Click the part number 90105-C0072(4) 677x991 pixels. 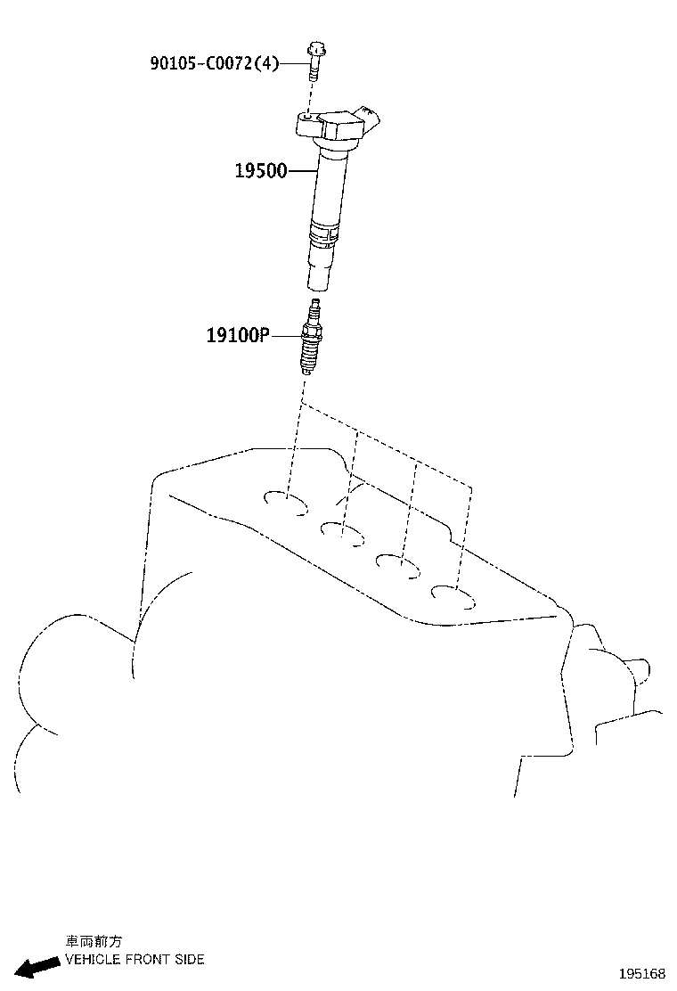coord(215,63)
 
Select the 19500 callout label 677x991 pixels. coord(261,170)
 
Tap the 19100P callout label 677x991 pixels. coord(238,335)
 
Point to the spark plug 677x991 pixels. coord(310,339)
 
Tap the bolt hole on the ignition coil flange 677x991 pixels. coord(307,117)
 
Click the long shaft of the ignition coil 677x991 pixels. coord(330,190)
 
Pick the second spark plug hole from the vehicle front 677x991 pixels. coord(342,533)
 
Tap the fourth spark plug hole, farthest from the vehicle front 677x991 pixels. coord(453,596)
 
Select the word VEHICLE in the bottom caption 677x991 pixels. coord(93,960)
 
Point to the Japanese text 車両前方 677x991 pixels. coord(94,942)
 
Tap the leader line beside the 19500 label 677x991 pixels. coord(303,170)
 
